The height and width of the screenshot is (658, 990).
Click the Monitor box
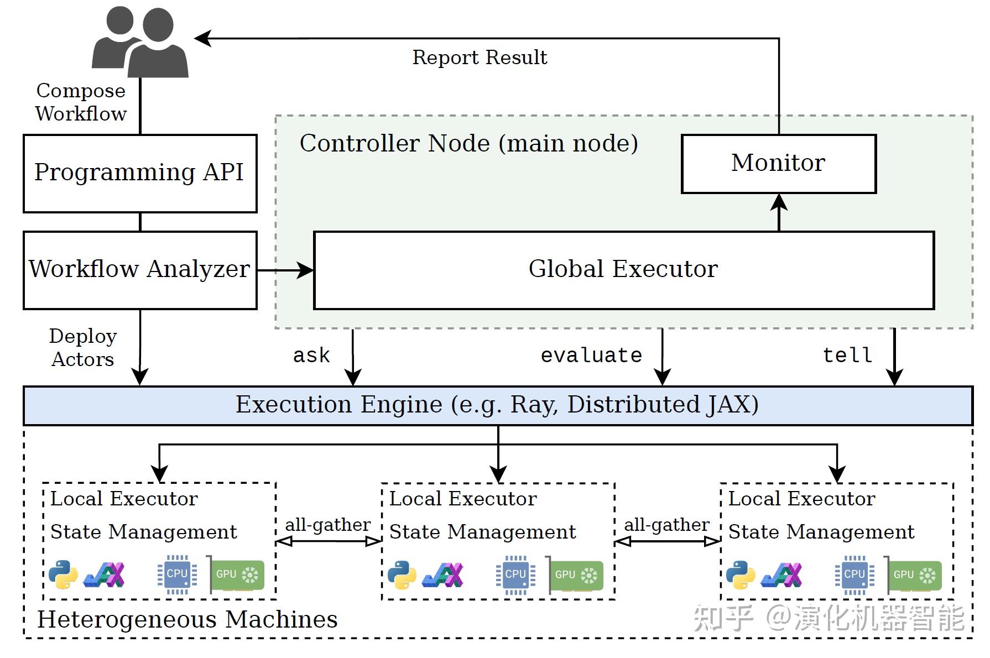[778, 164]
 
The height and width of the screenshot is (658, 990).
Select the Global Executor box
[623, 270]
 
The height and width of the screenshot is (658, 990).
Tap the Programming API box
[140, 173]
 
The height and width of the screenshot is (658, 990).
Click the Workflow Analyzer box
[140, 270]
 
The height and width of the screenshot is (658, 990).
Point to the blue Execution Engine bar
[497, 405]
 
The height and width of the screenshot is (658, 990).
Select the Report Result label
[480, 58]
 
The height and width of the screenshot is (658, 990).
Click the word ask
[311, 355]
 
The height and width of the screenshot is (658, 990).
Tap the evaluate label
[591, 355]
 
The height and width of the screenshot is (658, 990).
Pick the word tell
[847, 355]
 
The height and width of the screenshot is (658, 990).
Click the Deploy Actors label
[83, 348]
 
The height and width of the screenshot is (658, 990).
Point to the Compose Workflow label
[81, 102]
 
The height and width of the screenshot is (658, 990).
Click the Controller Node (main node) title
[468, 143]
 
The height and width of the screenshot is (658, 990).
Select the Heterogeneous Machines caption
[187, 619]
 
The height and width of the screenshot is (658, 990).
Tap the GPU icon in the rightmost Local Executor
[915, 575]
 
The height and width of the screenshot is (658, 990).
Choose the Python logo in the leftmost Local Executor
[63, 575]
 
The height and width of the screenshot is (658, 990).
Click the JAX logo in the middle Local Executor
[442, 575]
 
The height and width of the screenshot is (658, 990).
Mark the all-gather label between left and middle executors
[327, 525]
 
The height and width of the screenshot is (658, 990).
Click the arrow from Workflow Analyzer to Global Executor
[285, 270]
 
